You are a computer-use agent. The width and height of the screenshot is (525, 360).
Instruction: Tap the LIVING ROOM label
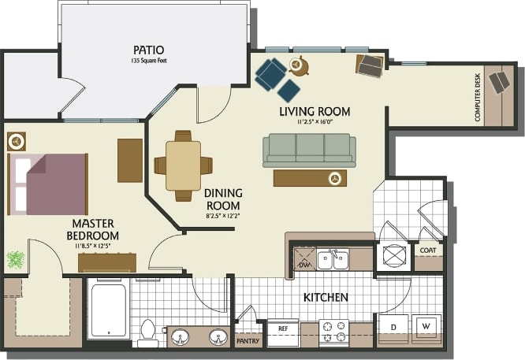(315, 111)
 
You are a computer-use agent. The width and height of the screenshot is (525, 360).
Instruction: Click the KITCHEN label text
(326, 298)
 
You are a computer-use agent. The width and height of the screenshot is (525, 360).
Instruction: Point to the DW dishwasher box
(303, 265)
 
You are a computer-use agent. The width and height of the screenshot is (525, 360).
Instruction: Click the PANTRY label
(248, 342)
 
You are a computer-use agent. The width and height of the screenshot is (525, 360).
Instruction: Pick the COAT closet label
(428, 251)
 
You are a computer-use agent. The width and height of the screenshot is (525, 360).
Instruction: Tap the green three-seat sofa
(309, 149)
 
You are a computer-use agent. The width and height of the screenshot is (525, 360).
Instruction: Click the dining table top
(183, 165)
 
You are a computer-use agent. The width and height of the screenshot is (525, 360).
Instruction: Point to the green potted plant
(16, 259)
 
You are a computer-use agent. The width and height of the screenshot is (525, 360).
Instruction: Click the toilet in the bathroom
(147, 332)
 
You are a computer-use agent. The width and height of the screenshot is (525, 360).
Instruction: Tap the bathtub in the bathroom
(108, 310)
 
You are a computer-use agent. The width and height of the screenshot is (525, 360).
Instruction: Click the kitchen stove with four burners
(333, 332)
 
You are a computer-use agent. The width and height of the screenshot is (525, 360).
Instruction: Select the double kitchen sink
(333, 258)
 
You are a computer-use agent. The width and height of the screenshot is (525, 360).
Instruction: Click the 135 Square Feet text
(149, 60)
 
